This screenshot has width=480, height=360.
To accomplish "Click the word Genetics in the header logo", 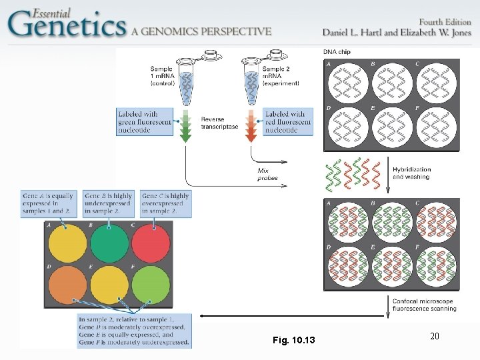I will (67, 25).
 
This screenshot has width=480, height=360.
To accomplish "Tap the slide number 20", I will (434, 336).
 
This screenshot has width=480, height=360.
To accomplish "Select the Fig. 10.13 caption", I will (294, 341).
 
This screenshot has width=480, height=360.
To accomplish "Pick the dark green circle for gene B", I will (109, 243).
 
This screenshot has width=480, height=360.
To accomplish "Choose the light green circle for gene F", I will (153, 284).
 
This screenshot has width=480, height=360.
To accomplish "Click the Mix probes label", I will (267, 174).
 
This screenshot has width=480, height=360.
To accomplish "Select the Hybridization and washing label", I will (411, 173).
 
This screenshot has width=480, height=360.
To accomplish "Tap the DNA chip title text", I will (337, 52).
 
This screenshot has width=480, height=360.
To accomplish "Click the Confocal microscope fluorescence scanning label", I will (423, 305).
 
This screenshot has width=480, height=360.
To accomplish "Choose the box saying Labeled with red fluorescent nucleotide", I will (288, 122).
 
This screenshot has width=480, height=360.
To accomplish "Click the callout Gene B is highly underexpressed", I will (109, 203).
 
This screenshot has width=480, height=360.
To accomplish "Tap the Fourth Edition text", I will (439, 21).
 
